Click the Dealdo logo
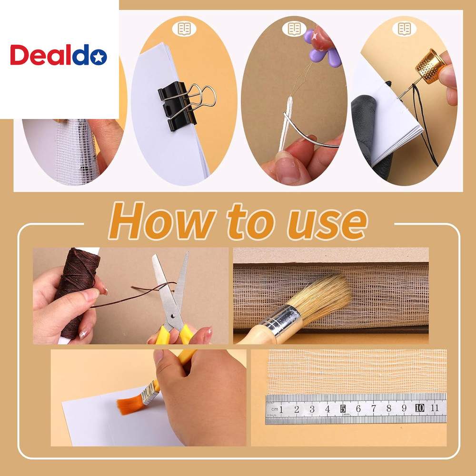[x=59, y=55]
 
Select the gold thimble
[x=430, y=66]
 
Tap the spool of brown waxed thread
[x=77, y=291]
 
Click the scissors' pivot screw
[x=173, y=316]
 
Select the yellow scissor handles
[x=175, y=334]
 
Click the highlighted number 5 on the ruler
[x=343, y=408]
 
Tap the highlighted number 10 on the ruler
[x=419, y=408]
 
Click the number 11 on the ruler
[x=435, y=407]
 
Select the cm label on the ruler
[x=275, y=409]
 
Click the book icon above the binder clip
[x=184, y=29]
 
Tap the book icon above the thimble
[x=404, y=29]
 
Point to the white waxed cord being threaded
[x=287, y=124]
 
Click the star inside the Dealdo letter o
[x=99, y=57]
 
